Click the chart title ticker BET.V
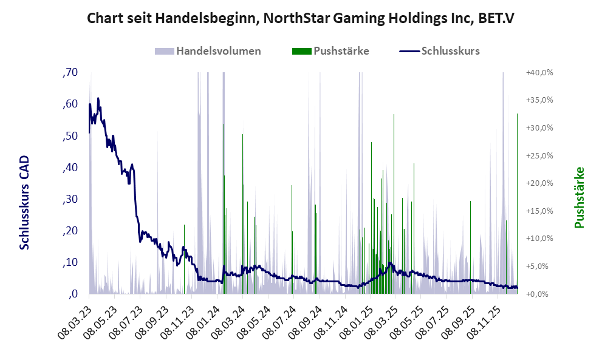point(493,18)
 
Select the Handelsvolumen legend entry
point(219,51)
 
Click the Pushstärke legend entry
point(341,51)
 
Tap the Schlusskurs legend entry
point(451,51)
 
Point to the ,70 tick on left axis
point(70,72)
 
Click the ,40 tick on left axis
point(70,168)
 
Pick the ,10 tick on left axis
point(70,262)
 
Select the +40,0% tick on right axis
point(539,72)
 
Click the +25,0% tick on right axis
point(539,155)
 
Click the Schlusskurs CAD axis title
point(24,202)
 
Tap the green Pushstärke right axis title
point(579,197)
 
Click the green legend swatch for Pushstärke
point(301,51)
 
